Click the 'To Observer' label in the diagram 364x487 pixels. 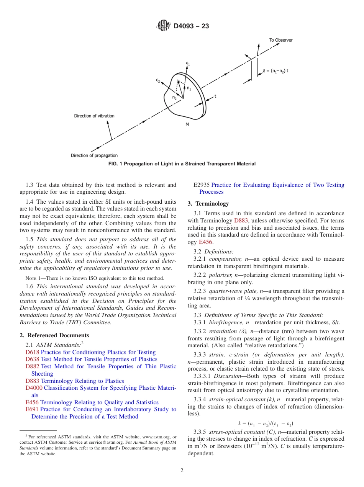[x=280, y=40]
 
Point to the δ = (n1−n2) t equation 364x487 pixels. [x=276, y=70]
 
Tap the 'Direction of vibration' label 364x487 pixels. [x=94, y=116]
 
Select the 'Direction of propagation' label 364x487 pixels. [x=94, y=155]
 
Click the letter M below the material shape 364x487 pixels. [x=187, y=124]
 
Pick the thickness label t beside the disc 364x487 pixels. [x=215, y=96]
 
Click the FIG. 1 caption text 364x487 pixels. [x=182, y=164]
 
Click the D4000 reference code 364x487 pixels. [x=34, y=388]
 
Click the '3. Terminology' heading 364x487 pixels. [x=208, y=204]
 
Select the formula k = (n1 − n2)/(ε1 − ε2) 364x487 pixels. [x=266, y=423]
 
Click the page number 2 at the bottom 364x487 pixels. [x=182, y=471]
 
